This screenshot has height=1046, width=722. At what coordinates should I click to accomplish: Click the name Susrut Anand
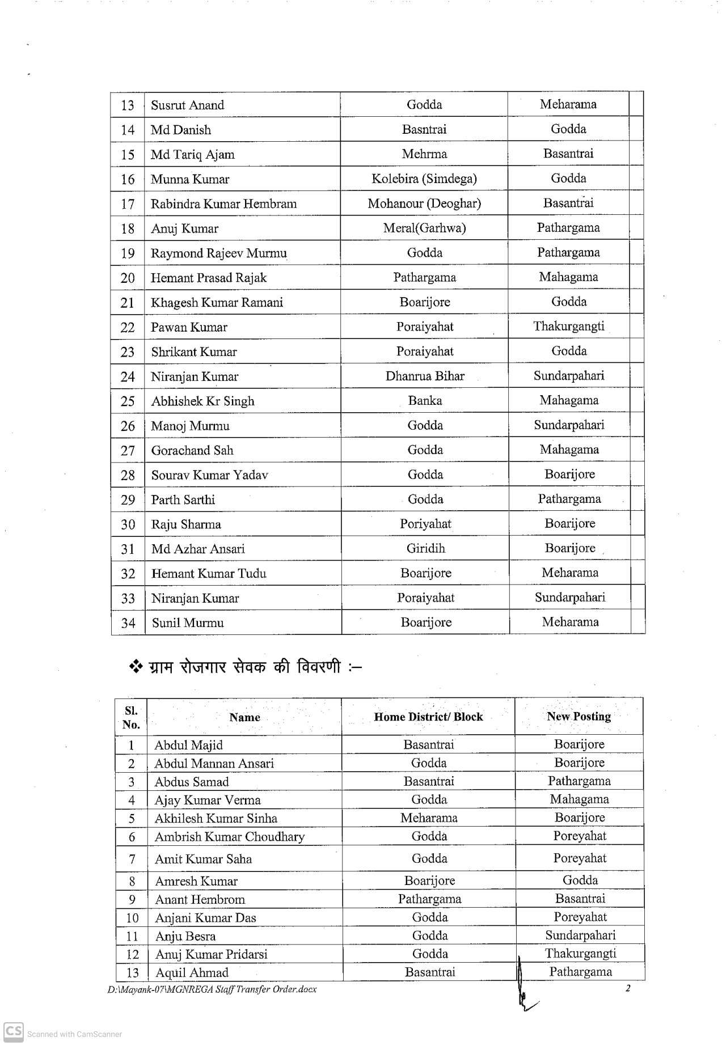click(187, 105)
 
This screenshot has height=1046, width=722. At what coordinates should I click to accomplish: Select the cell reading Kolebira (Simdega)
click(424, 179)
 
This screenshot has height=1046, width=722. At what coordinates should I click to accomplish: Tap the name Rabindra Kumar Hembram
click(223, 204)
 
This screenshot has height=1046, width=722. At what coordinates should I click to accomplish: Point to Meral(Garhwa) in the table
click(424, 228)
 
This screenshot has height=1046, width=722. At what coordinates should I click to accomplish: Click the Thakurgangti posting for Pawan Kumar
click(568, 327)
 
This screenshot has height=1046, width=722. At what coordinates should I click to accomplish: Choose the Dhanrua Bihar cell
click(425, 376)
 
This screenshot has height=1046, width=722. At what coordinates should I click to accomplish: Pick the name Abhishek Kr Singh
click(202, 401)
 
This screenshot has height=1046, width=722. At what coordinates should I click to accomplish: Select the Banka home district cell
click(425, 401)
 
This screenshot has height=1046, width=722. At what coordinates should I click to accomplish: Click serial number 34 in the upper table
click(128, 623)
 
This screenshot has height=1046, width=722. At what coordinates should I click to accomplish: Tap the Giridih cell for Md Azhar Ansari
click(425, 549)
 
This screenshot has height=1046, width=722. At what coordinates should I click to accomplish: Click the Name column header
click(244, 717)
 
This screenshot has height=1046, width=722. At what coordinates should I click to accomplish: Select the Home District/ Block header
click(428, 717)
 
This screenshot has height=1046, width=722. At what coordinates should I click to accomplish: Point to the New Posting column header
click(579, 717)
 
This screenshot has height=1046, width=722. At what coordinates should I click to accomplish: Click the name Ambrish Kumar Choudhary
click(229, 837)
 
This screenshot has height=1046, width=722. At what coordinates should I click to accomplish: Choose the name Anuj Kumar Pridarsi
click(211, 955)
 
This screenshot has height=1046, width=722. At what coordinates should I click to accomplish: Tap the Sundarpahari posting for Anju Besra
click(580, 936)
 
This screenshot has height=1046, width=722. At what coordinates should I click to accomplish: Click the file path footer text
click(212, 990)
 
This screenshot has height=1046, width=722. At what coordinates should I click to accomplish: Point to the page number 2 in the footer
click(627, 989)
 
